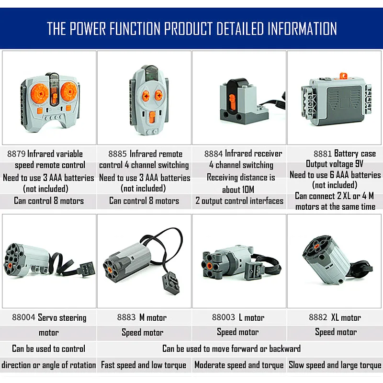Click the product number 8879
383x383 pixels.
(16, 154)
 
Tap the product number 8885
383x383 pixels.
(117, 154)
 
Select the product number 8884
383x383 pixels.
(214, 154)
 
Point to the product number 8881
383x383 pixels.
(323, 154)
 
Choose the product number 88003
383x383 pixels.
(223, 317)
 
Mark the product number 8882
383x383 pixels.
(318, 317)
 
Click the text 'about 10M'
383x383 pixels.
(238, 190)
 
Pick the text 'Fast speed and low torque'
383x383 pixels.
(144, 365)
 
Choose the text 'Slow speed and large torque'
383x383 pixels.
(335, 365)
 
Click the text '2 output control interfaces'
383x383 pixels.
(239, 201)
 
